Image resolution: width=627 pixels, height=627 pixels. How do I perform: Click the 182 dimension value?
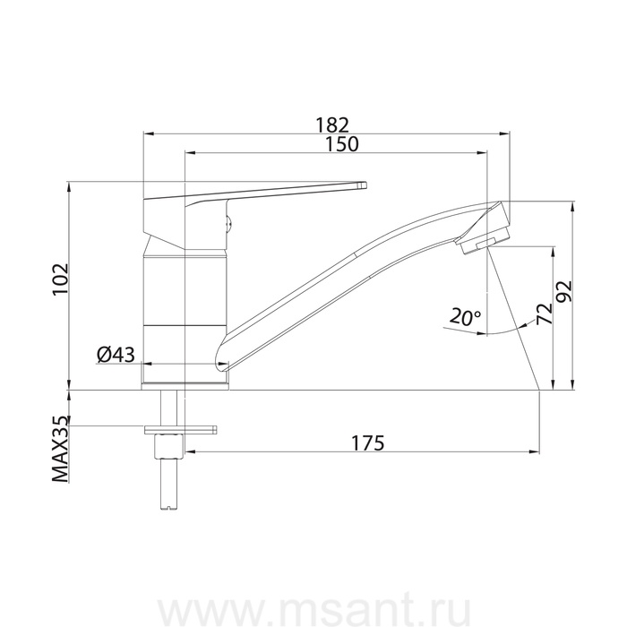click(x=332, y=125)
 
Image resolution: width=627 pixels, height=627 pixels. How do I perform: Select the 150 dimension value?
click(x=341, y=144)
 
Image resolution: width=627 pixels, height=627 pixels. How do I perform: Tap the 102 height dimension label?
click(x=61, y=279)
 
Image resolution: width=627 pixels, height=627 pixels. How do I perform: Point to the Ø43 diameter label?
click(x=116, y=355)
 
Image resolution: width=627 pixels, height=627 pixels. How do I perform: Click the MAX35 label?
click(x=60, y=449)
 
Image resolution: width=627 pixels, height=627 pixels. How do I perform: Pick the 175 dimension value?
click(x=367, y=442)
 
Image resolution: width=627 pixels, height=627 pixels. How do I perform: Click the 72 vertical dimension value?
click(x=545, y=313)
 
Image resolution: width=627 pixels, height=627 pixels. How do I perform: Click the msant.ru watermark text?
click(x=313, y=611)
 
